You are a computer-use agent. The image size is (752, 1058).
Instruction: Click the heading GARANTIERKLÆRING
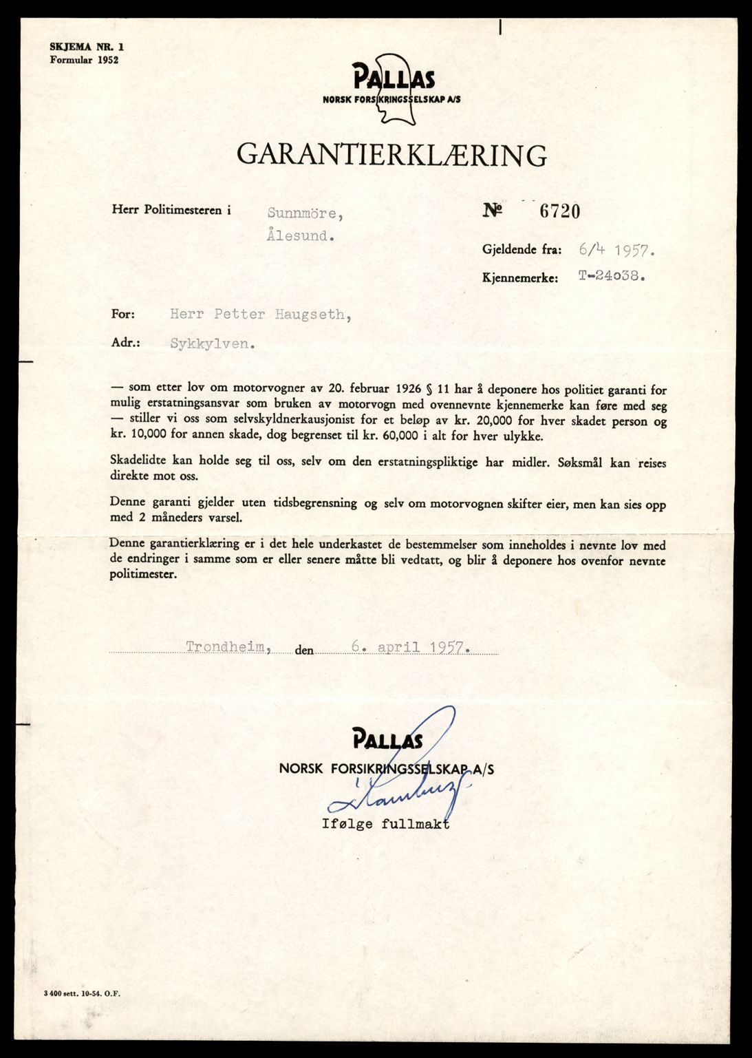(391, 155)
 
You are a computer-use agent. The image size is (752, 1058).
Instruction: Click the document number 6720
(559, 211)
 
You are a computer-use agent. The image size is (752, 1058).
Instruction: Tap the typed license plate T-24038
(612, 277)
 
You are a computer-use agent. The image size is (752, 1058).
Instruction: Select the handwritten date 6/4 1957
(616, 250)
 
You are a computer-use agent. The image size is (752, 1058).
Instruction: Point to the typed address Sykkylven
(213, 343)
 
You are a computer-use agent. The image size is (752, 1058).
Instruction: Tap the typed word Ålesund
(301, 235)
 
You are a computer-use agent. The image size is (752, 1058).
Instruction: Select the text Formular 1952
(84, 60)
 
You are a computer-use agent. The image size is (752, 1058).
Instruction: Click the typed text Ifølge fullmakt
(385, 823)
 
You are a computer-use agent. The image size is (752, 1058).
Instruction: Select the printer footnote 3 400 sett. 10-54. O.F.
(80, 993)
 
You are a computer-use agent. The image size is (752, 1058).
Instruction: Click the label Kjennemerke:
(519, 279)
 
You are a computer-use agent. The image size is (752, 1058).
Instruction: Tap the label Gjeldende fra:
(522, 250)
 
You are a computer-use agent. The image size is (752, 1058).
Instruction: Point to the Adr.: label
(125, 342)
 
